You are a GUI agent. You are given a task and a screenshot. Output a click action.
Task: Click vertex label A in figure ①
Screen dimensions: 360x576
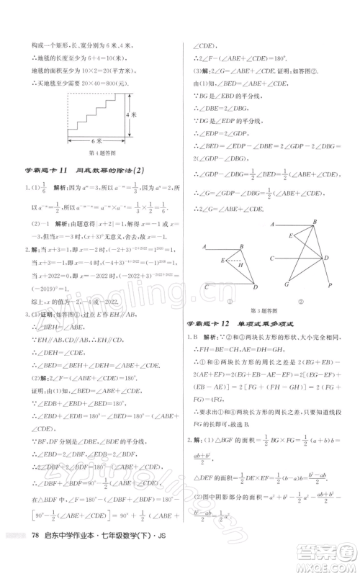204,246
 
